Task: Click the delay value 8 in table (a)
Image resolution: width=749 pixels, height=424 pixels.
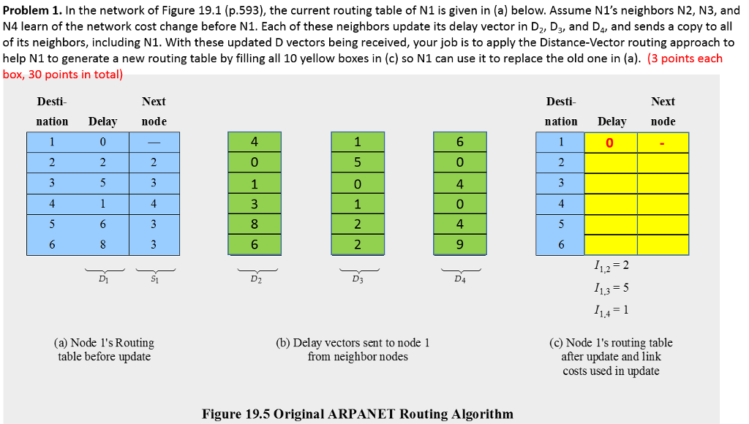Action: pyautogui.click(x=103, y=245)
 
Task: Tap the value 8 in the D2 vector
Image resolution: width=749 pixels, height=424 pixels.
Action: pyautogui.click(x=254, y=224)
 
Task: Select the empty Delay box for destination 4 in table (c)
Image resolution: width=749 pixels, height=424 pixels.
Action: pyautogui.click(x=610, y=202)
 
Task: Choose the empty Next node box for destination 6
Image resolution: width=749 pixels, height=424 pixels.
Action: pyautogui.click(x=663, y=245)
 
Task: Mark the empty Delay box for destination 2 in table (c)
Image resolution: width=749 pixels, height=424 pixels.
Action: pyautogui.click(x=610, y=162)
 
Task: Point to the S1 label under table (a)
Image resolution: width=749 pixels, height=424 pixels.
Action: pyautogui.click(x=153, y=278)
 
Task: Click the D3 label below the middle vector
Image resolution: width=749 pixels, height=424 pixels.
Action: pyautogui.click(x=356, y=279)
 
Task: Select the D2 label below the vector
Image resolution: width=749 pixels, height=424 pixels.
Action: pyautogui.click(x=254, y=279)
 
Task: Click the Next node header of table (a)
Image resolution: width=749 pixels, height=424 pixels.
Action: pyautogui.click(x=154, y=111)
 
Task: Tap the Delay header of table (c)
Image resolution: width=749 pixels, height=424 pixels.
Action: pyautogui.click(x=611, y=121)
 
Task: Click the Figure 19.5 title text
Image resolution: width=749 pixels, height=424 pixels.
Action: pyautogui.click(x=357, y=414)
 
